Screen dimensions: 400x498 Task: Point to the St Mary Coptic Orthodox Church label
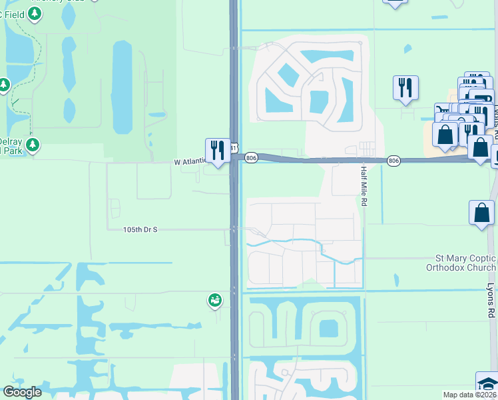(461, 263)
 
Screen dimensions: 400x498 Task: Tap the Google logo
(22, 392)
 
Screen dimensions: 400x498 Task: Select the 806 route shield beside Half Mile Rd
(393, 161)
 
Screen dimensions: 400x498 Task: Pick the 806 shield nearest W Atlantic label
(250, 158)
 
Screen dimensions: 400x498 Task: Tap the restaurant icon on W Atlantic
(216, 150)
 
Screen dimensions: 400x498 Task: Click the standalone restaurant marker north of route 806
(405, 87)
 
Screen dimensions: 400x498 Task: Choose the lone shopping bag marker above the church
(482, 213)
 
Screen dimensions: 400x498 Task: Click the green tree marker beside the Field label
(5, 85)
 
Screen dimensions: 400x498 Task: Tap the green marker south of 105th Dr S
(214, 301)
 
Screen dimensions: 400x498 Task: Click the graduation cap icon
(487, 385)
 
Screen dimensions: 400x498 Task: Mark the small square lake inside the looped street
(328, 329)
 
